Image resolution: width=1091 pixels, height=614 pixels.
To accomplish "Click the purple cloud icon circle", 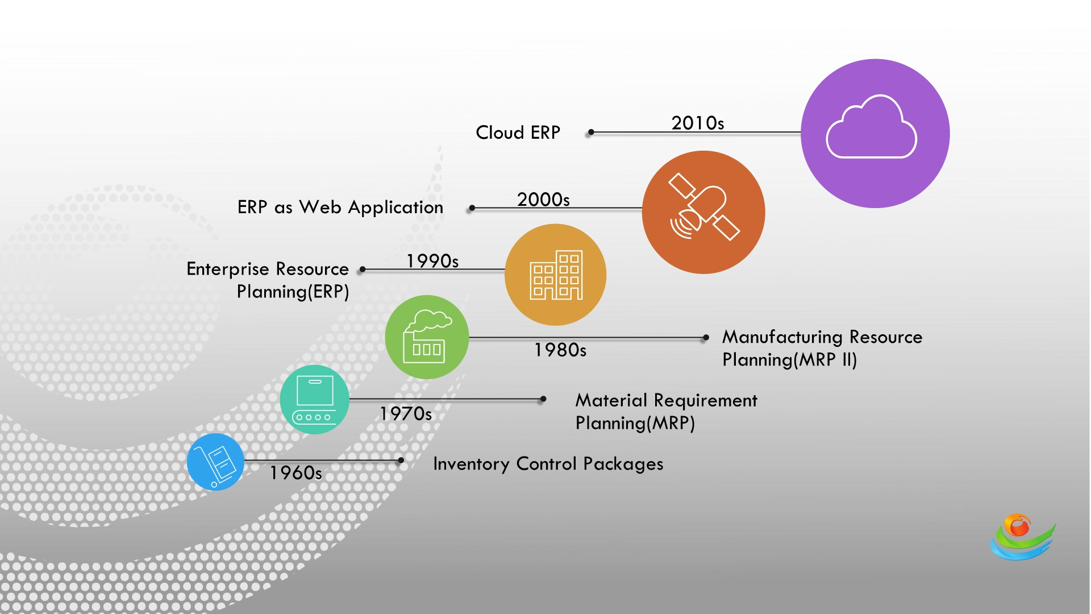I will point(875,133).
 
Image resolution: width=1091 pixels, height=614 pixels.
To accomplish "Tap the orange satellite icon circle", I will point(703,212).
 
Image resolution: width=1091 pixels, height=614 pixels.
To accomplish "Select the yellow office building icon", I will point(555,275).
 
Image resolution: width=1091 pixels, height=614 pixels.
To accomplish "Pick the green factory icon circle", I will point(427,337).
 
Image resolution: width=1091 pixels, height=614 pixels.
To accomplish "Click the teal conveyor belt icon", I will point(314,400).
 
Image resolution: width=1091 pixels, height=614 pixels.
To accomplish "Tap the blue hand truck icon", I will point(215,462).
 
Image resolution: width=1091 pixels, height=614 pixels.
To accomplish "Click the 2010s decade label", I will point(697,123).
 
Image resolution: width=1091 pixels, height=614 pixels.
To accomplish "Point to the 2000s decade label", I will point(543,200).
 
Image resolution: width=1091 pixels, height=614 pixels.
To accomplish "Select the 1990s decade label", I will point(432,261).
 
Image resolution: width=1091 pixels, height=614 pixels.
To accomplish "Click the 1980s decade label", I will point(560,350).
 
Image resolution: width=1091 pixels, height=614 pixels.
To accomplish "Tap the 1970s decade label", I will point(405,413).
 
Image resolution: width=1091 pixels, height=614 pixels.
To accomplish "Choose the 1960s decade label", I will point(295,472).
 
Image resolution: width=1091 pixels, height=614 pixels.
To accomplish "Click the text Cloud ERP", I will point(518,132).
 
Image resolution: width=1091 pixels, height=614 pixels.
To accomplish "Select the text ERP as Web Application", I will point(340,207).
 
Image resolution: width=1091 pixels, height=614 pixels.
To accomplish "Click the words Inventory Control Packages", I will point(548,464).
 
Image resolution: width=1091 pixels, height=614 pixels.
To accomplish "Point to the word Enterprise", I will point(227,269).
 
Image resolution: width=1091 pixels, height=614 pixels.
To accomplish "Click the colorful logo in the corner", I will point(1022,537).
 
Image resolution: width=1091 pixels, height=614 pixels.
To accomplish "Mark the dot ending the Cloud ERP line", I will point(591,132).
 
